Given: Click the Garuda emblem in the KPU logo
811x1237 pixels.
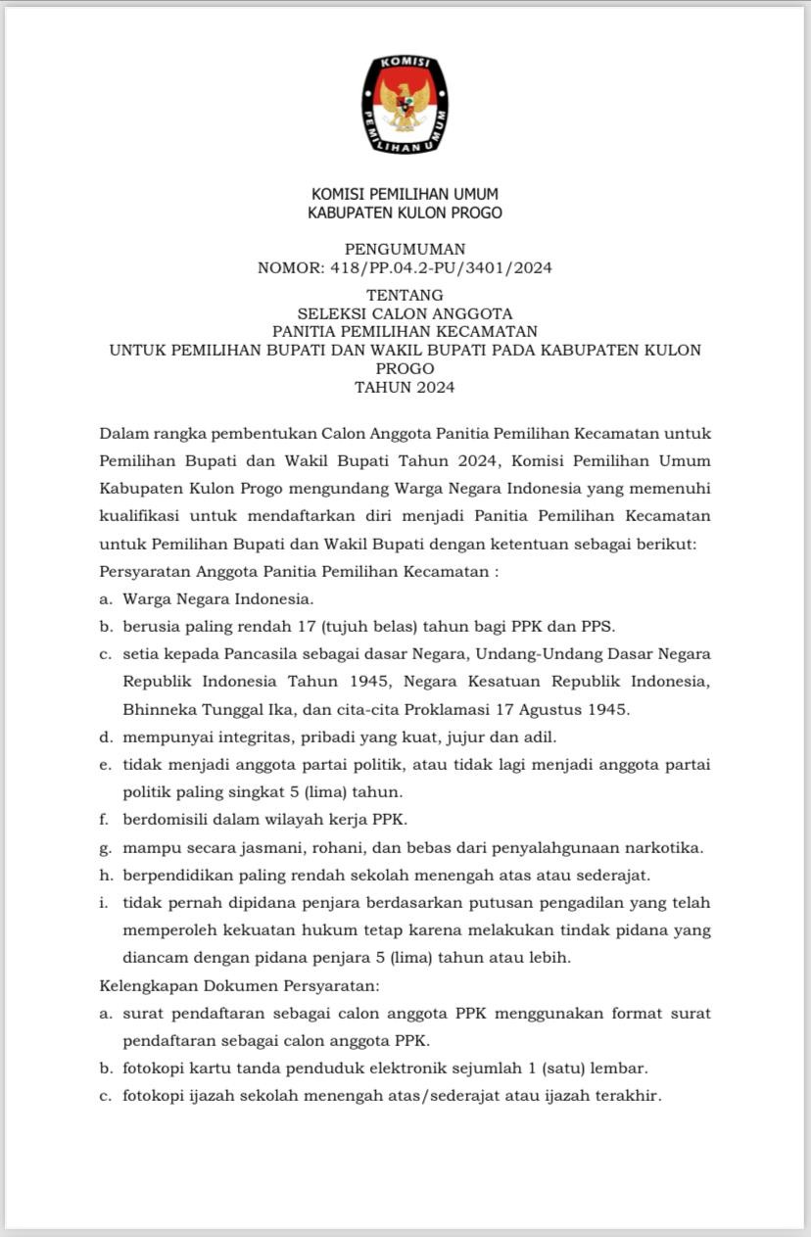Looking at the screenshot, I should (x=405, y=105).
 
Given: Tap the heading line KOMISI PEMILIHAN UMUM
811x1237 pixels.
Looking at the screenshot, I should (x=405, y=194).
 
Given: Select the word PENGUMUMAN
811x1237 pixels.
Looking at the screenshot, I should (x=405, y=249).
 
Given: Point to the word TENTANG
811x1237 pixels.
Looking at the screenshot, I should (x=405, y=295).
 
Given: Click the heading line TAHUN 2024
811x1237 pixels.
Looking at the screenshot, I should (x=405, y=387).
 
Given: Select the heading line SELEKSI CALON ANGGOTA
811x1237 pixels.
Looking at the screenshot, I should (x=405, y=313).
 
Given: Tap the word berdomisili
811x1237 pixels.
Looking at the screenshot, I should (x=164, y=818).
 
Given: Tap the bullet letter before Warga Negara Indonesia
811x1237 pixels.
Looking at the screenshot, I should (x=104, y=598).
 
